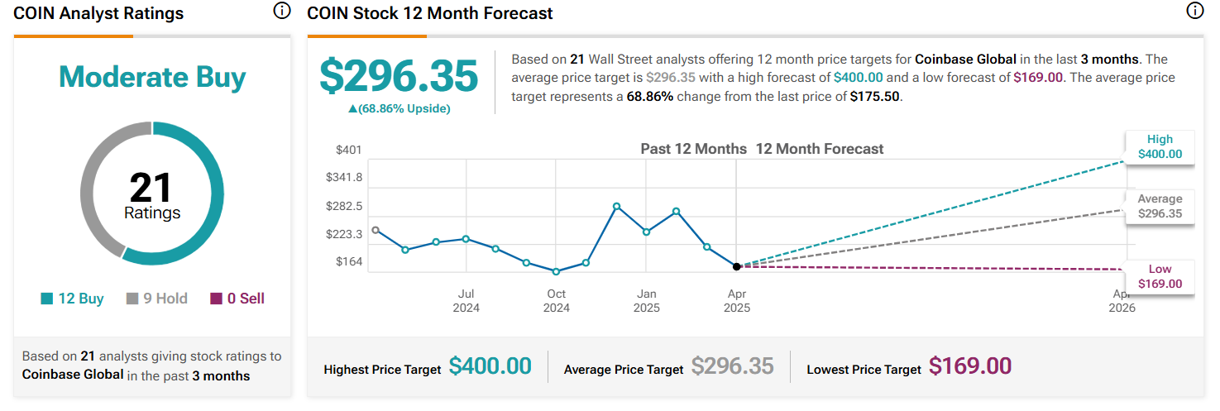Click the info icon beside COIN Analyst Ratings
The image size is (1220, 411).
[x=281, y=11]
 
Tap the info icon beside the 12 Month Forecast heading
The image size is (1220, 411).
[x=1195, y=11]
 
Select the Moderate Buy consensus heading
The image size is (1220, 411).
[x=152, y=77]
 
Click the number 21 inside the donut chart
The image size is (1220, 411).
[x=151, y=187]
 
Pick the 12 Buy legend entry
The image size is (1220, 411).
[x=72, y=299]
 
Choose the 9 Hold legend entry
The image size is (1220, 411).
[x=157, y=299]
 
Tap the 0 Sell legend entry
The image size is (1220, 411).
[x=237, y=299]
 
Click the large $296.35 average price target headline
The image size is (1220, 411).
[x=399, y=76]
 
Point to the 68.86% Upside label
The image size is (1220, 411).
[x=399, y=108]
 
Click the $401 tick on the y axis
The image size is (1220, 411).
[x=348, y=150]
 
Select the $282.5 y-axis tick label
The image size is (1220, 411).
[x=344, y=206]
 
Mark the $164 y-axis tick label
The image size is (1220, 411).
[x=348, y=261]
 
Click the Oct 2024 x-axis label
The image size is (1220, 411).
[x=556, y=300]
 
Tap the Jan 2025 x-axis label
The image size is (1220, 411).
[x=647, y=300]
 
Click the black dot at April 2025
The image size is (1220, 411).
[x=736, y=267]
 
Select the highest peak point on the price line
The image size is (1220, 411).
[x=616, y=206]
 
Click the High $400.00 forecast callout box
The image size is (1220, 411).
[x=1160, y=147]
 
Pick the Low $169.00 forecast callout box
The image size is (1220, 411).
[x=1160, y=276]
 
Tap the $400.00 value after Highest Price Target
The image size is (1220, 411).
[x=490, y=366]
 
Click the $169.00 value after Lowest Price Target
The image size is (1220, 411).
[x=970, y=366]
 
